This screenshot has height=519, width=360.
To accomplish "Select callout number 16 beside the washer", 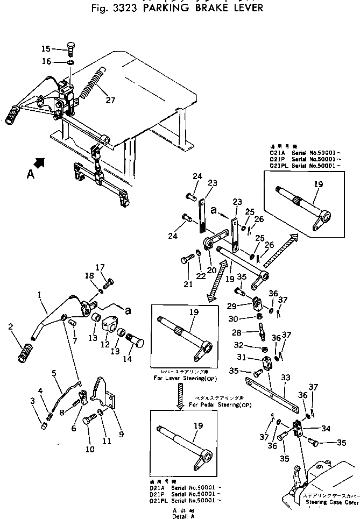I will pyautogui.click(x=46, y=62).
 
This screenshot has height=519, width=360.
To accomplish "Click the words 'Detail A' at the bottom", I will pyautogui.click(x=185, y=516).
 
